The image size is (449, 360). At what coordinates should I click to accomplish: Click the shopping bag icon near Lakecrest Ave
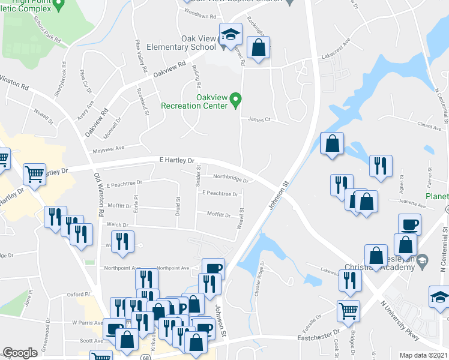258,49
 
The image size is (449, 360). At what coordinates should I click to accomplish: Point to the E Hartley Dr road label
177,161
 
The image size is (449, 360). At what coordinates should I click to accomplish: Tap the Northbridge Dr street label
231,177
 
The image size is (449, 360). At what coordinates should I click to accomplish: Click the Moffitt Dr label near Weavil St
218,214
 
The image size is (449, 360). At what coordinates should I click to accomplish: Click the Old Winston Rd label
98,195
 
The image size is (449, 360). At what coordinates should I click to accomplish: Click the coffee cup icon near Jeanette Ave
409,224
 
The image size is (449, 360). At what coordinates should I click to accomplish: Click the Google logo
20,353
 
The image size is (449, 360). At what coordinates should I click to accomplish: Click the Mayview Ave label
107,148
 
